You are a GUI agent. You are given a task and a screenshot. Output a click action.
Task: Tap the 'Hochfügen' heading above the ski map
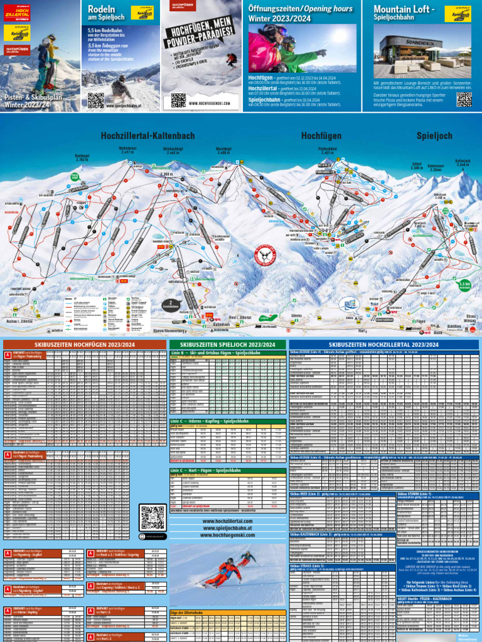coord(321,135)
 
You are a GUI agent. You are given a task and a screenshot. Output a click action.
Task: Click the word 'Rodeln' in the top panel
coord(102,9)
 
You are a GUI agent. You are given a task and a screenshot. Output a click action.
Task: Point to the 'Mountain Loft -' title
coord(404,9)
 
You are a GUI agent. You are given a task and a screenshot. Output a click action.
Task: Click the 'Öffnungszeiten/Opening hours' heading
coord(291,8)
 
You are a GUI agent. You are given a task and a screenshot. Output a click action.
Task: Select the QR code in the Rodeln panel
coord(95,100)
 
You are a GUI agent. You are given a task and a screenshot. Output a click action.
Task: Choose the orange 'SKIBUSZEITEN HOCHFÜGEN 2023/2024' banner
coord(85,345)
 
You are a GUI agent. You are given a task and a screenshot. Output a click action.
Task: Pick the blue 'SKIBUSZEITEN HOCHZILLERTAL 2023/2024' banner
coord(384,345)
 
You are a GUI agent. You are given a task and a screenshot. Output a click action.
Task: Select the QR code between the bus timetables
coord(153,518)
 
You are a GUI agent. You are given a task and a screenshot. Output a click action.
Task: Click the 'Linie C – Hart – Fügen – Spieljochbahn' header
coord(213,470)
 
